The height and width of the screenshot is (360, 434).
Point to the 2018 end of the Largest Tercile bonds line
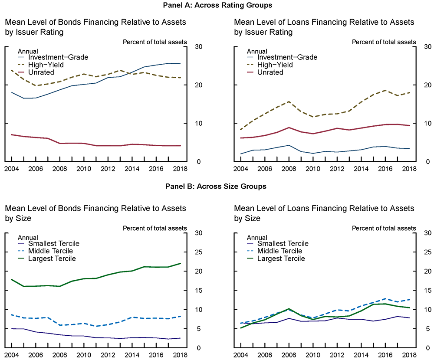coord(181,263)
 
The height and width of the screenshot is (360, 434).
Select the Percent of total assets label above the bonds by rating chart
coord(155,42)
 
